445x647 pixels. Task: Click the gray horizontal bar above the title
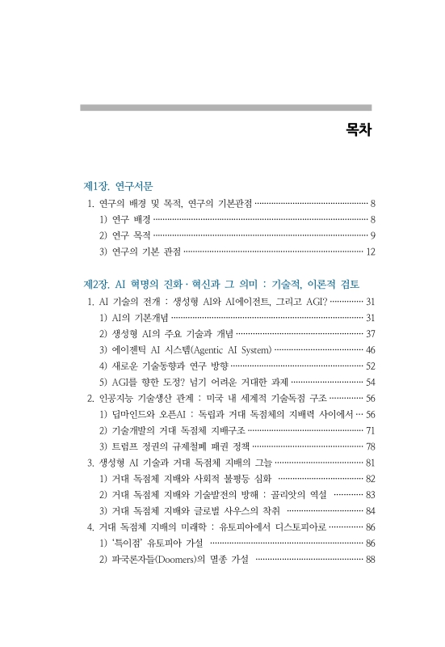(225, 107)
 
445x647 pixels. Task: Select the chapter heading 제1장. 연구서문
(118, 186)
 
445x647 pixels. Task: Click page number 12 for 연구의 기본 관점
(371, 252)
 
